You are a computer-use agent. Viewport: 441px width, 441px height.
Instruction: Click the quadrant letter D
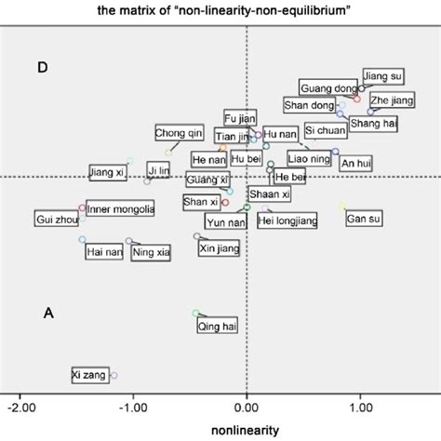[42, 68]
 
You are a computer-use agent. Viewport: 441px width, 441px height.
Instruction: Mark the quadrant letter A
[48, 314]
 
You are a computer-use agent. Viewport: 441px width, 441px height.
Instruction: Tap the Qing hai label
[214, 326]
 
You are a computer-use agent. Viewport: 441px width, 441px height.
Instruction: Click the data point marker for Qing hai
[195, 314]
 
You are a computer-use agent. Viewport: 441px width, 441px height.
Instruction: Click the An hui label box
[355, 164]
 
